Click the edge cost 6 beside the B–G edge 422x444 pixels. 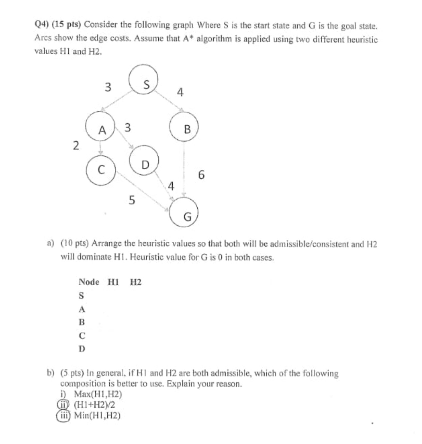[201, 175]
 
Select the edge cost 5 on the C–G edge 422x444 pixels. [132, 200]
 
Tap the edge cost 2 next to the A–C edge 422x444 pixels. [76, 145]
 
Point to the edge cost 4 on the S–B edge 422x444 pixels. [180, 92]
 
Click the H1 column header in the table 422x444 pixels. [113, 282]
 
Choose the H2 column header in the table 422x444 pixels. [136, 282]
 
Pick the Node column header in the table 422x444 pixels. [89, 282]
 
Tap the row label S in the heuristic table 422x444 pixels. [81, 296]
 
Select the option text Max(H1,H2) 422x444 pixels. [98, 394]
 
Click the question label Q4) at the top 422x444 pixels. [42, 25]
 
